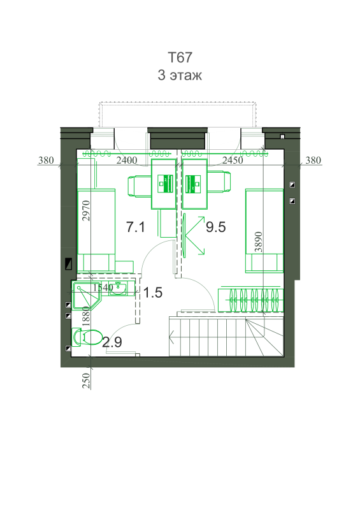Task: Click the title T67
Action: click(180, 57)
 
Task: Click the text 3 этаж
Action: click(180, 75)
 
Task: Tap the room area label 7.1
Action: click(136, 227)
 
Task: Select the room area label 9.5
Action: click(215, 227)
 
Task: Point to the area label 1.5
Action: click(152, 293)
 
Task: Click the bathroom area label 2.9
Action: click(112, 342)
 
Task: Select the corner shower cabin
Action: click(87, 296)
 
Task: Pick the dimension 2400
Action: click(127, 160)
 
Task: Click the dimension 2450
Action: click(233, 160)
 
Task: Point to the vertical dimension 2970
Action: click(85, 211)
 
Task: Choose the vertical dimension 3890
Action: click(258, 242)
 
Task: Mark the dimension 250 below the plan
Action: click(86, 381)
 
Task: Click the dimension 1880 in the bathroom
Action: click(86, 316)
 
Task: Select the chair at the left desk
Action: click(139, 186)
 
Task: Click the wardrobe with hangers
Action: click(251, 299)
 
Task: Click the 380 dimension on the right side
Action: click(313, 160)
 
